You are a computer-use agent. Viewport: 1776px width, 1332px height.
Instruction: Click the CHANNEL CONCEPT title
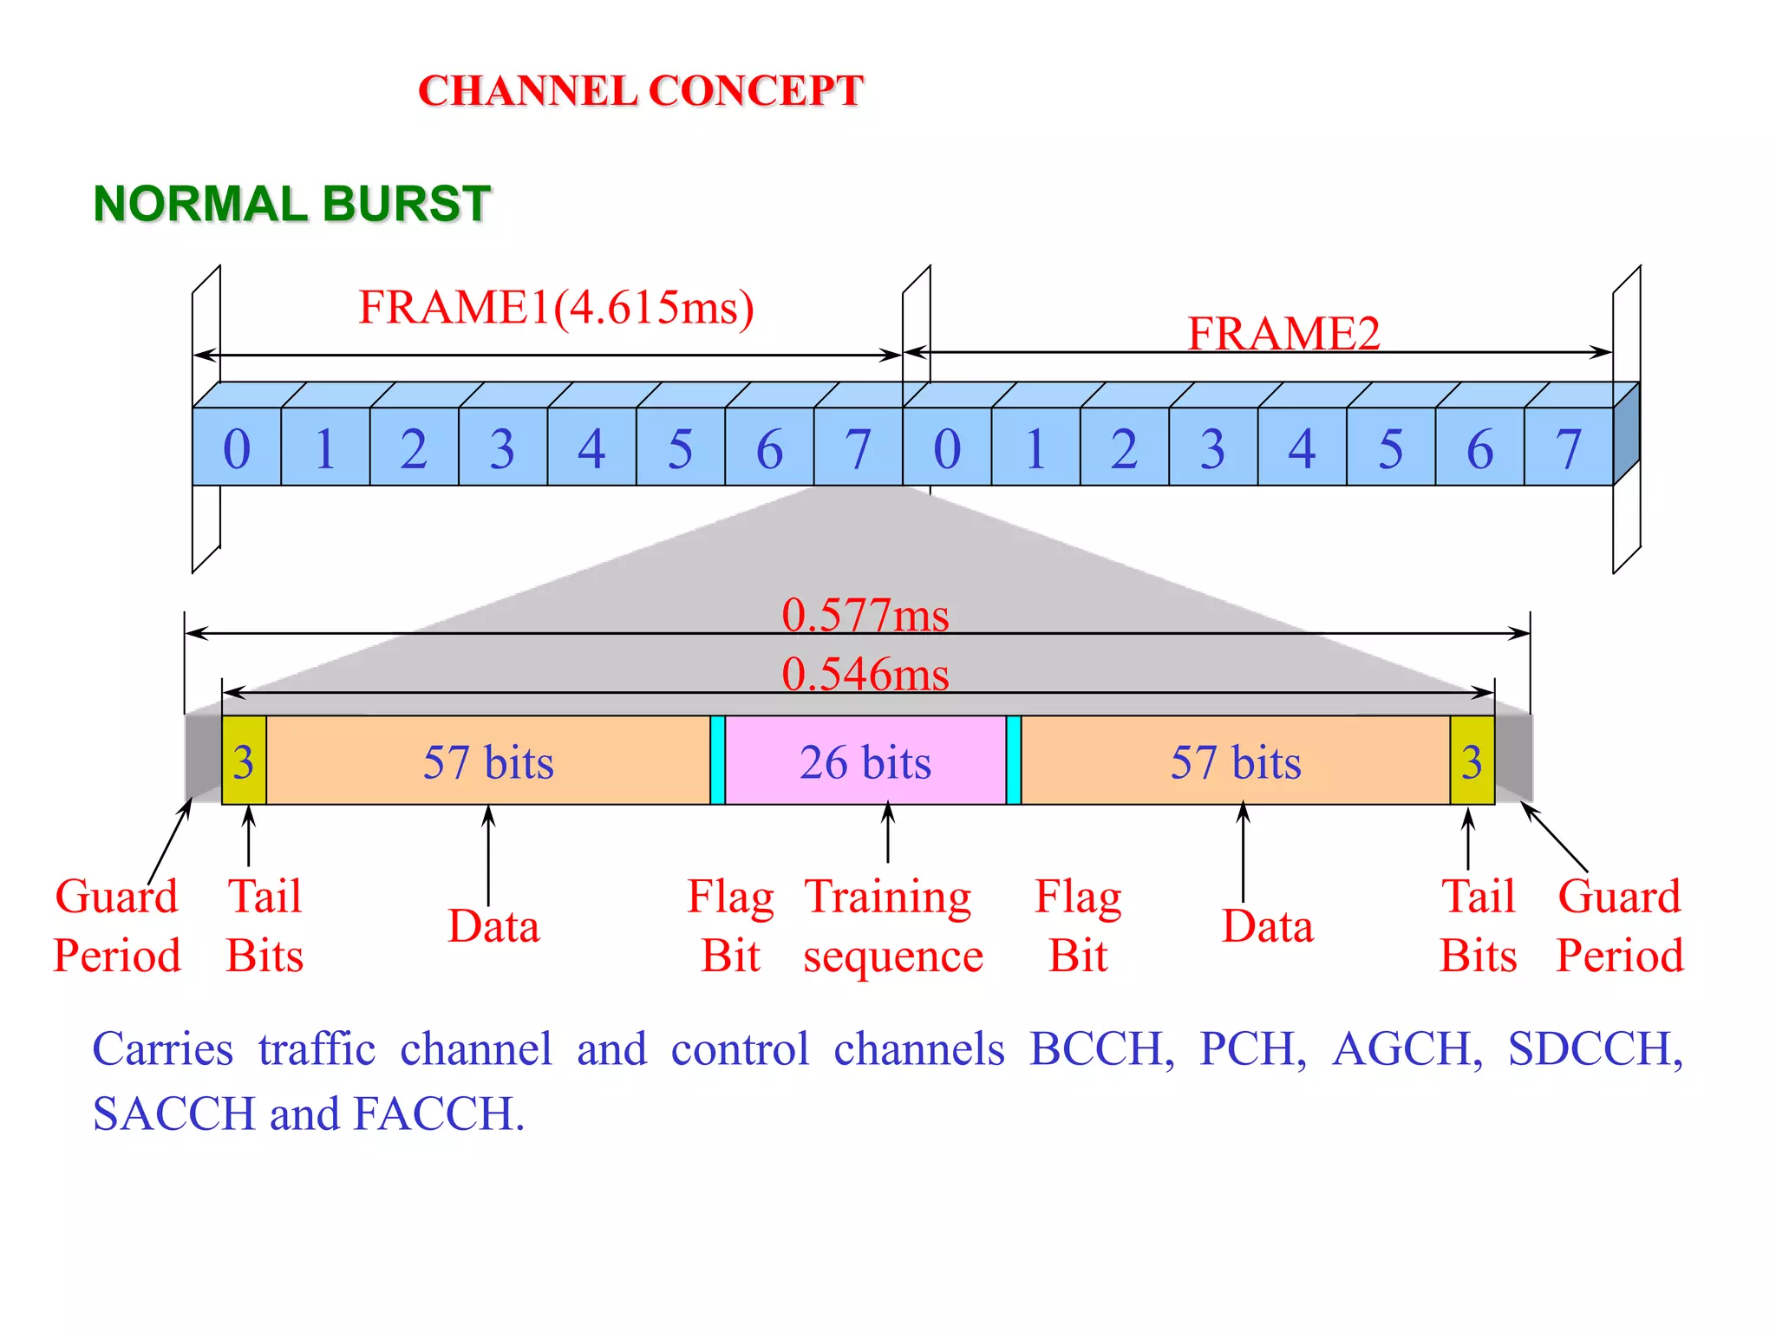coord(640,91)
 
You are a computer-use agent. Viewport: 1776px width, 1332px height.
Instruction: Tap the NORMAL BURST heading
coord(291,204)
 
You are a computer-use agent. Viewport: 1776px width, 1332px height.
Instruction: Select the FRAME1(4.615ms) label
coord(556,308)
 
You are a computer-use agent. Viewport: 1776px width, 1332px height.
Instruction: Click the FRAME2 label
coord(1283,334)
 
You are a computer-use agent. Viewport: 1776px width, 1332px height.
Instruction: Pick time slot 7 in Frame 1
coord(858,448)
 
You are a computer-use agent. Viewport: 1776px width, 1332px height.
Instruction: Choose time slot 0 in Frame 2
coord(947,448)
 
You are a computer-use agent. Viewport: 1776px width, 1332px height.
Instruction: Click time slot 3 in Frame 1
coord(502,448)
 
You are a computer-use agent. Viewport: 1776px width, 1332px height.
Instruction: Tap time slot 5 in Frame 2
coord(1390,448)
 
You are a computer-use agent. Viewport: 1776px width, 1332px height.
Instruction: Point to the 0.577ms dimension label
coord(865,615)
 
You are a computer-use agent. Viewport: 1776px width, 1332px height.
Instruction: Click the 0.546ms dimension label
coord(865,674)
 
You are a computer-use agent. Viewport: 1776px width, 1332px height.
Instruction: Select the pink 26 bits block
coord(865,761)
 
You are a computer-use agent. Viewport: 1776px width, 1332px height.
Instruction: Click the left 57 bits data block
coord(488,761)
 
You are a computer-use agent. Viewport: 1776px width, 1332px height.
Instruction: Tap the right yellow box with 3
coord(1472,761)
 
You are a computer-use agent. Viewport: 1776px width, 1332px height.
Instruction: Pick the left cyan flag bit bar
coord(717,761)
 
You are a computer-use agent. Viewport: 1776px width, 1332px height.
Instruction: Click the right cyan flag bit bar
coord(1013,761)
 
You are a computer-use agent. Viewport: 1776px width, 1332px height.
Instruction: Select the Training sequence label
coord(891,925)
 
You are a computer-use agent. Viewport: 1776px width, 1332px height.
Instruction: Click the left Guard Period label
coord(117,925)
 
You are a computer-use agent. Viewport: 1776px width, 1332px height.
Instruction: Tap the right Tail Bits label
coord(1478,925)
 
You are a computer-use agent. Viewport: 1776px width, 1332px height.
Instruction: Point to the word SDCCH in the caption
coord(1594,1049)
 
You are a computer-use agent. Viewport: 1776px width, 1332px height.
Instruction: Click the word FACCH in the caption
coord(439,1114)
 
